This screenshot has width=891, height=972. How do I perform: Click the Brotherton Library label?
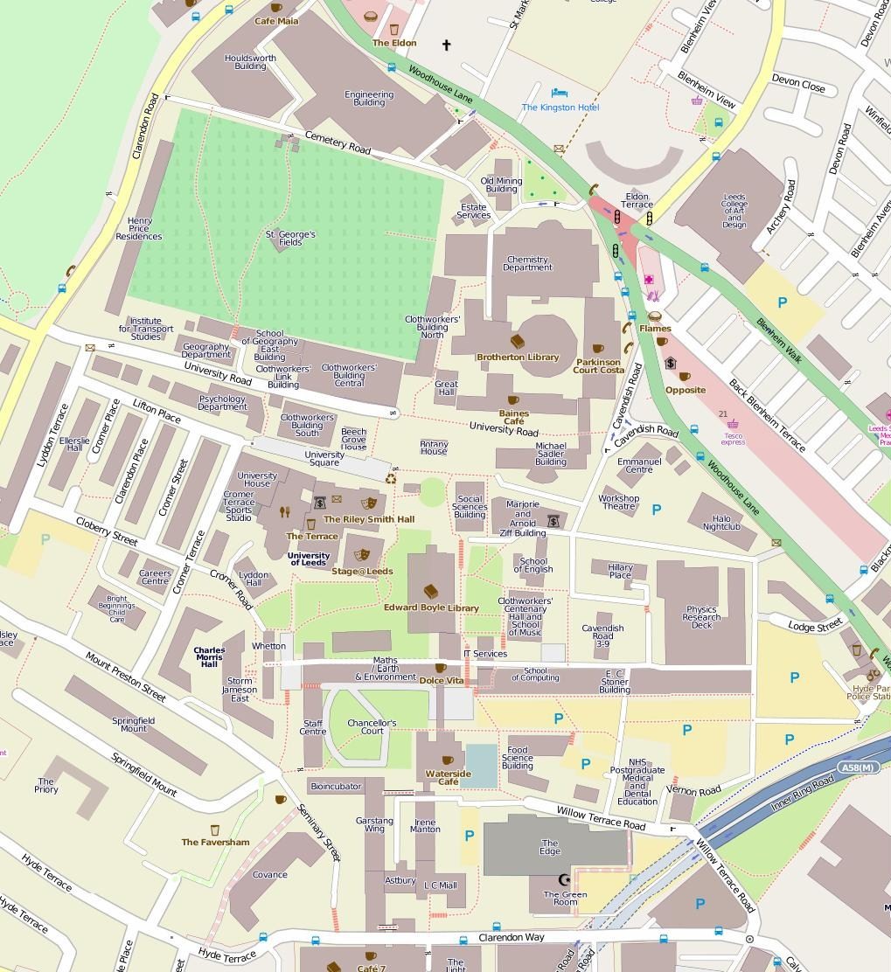[518, 357]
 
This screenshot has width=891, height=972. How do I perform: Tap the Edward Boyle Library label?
[431, 607]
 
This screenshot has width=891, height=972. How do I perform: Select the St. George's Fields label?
[290, 238]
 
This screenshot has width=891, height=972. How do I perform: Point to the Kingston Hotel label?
[560, 107]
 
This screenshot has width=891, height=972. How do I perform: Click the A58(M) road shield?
[858, 767]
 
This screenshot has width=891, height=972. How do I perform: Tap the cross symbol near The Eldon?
[446, 45]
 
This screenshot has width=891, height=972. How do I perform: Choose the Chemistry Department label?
[527, 263]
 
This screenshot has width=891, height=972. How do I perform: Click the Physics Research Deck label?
[701, 617]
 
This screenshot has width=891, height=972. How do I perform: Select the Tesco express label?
[733, 437]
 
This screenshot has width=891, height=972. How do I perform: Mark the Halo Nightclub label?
[721, 522]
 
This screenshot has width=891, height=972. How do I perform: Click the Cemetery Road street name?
[338, 142]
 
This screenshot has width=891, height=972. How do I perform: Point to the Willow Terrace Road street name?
[601, 819]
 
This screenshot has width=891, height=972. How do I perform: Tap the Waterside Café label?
[448, 777]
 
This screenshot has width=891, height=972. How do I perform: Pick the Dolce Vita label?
[442, 680]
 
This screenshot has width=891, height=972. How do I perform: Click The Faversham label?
[215, 842]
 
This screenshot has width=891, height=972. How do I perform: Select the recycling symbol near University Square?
[391, 478]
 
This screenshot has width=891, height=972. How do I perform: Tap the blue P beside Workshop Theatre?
[656, 509]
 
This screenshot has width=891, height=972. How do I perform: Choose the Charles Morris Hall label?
[209, 656]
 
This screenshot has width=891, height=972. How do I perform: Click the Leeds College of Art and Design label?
[734, 211]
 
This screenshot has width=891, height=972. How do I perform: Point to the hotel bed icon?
[560, 93]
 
